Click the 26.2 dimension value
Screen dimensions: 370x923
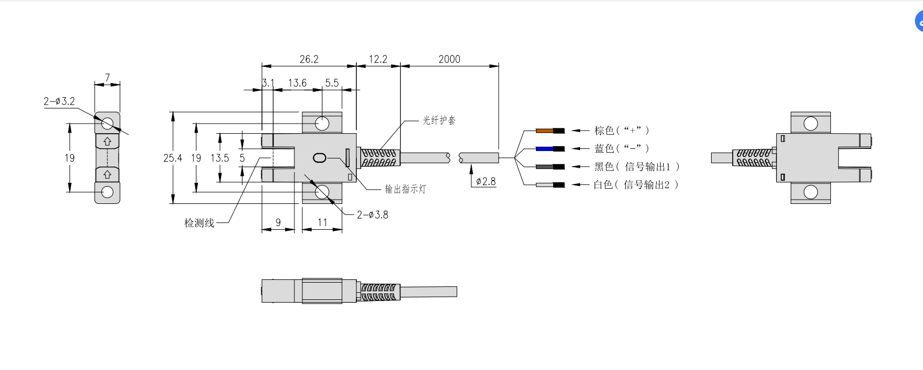pyautogui.click(x=309, y=59)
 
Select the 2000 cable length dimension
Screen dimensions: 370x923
pyautogui.click(x=449, y=59)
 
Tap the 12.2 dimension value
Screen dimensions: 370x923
pyautogui.click(x=377, y=59)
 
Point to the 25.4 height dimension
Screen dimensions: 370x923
pyautogui.click(x=173, y=158)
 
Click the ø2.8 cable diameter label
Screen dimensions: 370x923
pyautogui.click(x=485, y=181)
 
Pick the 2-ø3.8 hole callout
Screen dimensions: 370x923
pyautogui.click(x=372, y=215)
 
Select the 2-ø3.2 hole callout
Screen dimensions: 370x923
pyautogui.click(x=59, y=101)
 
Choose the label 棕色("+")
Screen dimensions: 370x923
pyautogui.click(x=622, y=131)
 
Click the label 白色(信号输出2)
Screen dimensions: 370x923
pyautogui.click(x=636, y=185)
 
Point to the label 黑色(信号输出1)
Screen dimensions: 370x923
pyautogui.click(x=637, y=167)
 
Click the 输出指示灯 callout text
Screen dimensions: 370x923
pyautogui.click(x=405, y=189)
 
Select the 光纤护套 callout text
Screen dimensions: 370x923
pyautogui.click(x=439, y=120)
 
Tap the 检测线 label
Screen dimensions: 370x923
pyautogui.click(x=199, y=223)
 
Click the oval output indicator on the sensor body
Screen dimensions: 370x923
pyautogui.click(x=319, y=158)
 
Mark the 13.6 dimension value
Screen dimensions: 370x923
pyautogui.click(x=297, y=83)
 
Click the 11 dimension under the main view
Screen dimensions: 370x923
pyautogui.click(x=322, y=222)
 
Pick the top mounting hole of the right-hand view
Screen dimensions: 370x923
pyautogui.click(x=810, y=124)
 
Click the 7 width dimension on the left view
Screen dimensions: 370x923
pyautogui.click(x=107, y=78)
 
